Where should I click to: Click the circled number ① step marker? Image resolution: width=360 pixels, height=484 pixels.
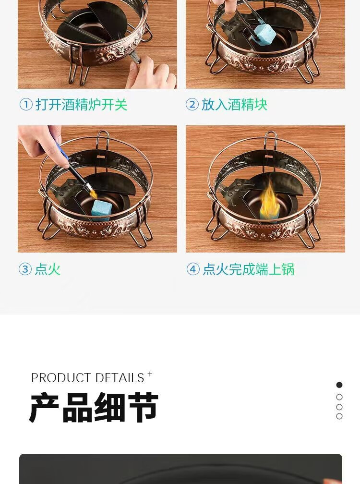click(x=26, y=104)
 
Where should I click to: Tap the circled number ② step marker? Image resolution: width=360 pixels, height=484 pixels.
click(x=192, y=104)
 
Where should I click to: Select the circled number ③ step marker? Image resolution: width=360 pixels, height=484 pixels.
click(x=25, y=269)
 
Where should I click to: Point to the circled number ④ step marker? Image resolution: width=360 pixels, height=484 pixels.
click(x=193, y=269)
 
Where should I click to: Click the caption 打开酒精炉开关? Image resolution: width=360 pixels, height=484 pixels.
click(x=82, y=105)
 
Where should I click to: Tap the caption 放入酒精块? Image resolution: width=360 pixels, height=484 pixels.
click(x=234, y=105)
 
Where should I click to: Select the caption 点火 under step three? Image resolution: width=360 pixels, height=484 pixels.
click(x=48, y=269)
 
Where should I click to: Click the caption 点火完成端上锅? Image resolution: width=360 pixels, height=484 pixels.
click(x=249, y=269)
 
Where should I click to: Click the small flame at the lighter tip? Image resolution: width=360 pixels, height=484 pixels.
click(x=93, y=194)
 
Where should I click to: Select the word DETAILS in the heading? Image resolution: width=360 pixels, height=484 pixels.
click(x=120, y=378)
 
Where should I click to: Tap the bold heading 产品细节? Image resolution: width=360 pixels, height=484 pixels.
click(x=94, y=408)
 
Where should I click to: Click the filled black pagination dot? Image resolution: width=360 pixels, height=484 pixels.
click(x=339, y=385)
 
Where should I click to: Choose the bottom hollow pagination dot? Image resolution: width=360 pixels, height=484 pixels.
click(x=339, y=416)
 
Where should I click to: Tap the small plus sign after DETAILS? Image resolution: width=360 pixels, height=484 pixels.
click(x=150, y=374)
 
